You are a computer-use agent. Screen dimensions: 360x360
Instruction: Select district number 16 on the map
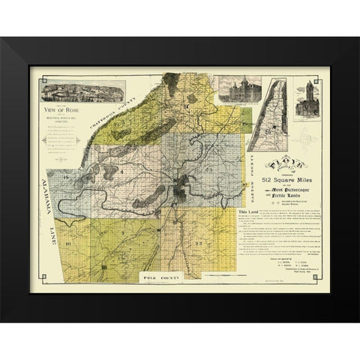[67, 177]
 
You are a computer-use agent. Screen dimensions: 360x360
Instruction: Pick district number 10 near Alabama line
[67, 244]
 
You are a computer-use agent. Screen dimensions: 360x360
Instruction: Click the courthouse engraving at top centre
[238, 94]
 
